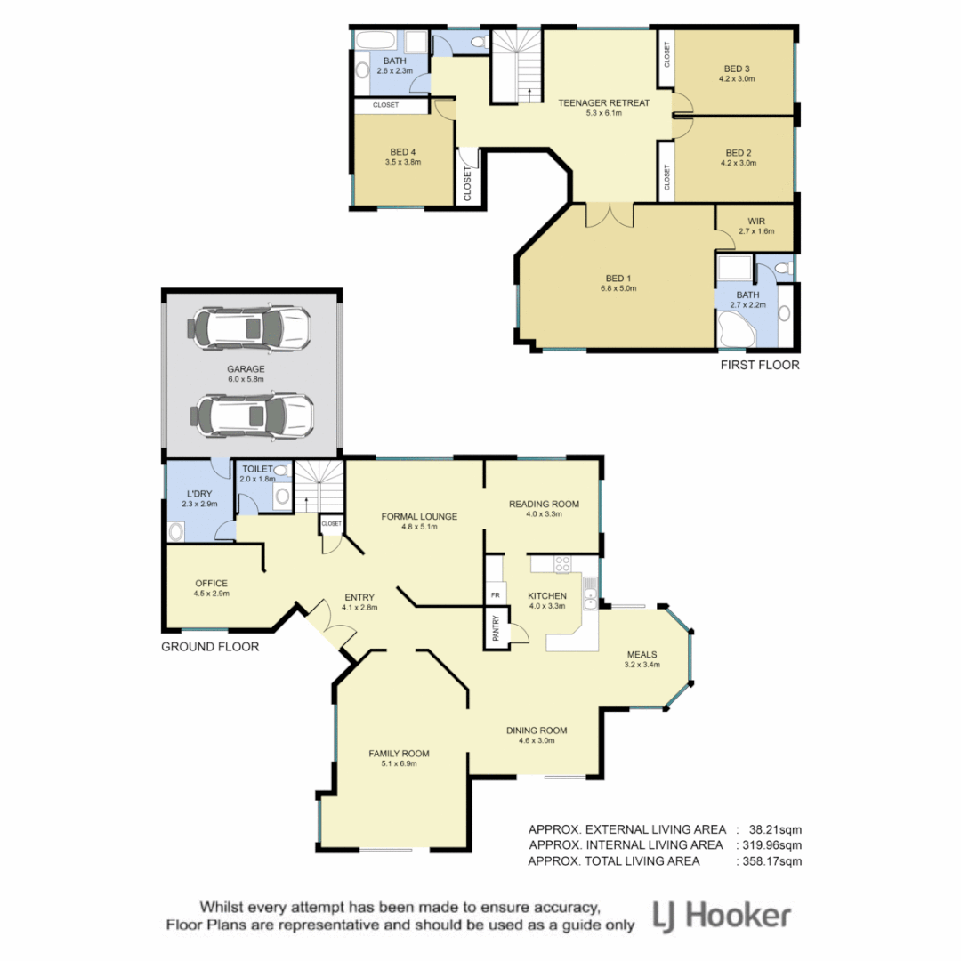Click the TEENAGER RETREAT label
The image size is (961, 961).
[603, 102]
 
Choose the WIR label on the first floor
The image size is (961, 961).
[756, 221]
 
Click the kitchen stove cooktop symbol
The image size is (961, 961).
[562, 563]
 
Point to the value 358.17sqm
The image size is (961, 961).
[771, 861]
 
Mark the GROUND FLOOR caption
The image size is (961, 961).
[210, 647]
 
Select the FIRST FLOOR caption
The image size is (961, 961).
[759, 365]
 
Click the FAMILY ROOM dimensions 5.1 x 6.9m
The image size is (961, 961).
[392, 763]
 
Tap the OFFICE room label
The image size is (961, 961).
[211, 584]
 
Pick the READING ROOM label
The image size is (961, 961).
[544, 505]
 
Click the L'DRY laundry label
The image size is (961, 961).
[198, 494]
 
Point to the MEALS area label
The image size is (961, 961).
[642, 654]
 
